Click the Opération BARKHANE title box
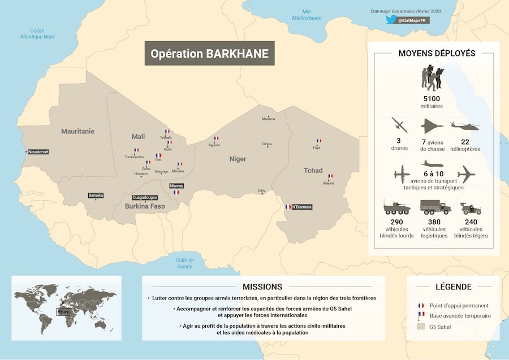tap(209, 53)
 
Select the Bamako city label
tap(96, 196)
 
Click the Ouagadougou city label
tap(145, 197)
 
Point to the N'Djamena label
tap(302, 207)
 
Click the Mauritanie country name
tap(77, 131)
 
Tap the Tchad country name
tap(313, 171)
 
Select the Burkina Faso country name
tap(145, 206)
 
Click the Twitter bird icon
tap(390, 20)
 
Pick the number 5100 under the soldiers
tap(432, 98)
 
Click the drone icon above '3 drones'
tap(399, 125)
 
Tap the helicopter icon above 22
tap(464, 125)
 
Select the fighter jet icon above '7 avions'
tap(432, 125)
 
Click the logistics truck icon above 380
tap(435, 207)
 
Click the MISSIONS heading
tap(262, 287)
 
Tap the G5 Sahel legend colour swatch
tap(420, 326)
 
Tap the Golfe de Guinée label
tap(184, 263)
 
